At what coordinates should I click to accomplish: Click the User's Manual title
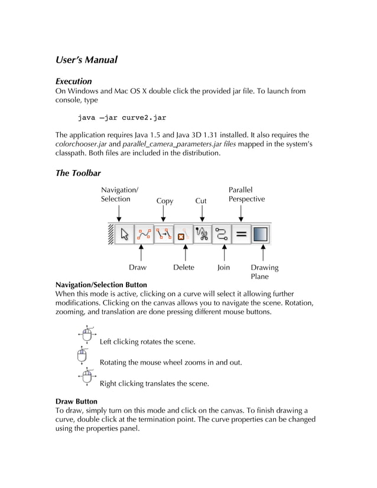point(86,60)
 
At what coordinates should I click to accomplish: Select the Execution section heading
point(73,81)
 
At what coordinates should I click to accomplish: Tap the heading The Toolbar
point(77,173)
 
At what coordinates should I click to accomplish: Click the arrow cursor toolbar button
point(124,235)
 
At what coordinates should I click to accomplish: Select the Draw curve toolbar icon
point(144,235)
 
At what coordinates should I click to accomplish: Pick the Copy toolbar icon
point(164,235)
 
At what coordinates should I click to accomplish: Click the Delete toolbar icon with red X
point(183,235)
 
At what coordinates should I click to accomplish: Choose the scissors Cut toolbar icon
point(203,235)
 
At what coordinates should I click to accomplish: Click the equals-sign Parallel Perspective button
point(240,235)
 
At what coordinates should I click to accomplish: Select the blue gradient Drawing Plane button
point(261,235)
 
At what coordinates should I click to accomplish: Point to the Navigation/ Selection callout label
point(119,194)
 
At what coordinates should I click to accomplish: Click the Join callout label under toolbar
point(223,268)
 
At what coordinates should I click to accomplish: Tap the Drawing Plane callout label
point(264,272)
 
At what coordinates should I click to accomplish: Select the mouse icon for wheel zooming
point(83,356)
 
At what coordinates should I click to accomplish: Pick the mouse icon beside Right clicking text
point(87,377)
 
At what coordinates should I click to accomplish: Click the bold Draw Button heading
point(76,401)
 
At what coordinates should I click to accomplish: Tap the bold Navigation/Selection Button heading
point(101,285)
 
